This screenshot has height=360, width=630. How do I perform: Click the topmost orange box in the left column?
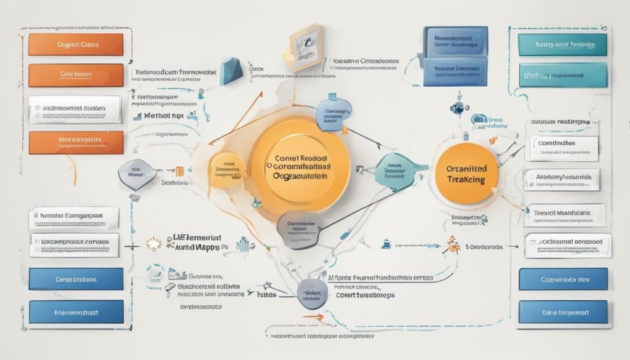[x=76, y=44]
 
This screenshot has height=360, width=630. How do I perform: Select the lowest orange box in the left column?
[x=75, y=141]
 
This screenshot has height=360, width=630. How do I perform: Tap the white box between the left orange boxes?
[x=75, y=109]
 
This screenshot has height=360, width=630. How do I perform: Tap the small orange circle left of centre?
[x=225, y=170]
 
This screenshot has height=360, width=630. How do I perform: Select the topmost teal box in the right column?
[x=562, y=44]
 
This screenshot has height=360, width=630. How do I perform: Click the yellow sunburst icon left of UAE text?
[x=153, y=244]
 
